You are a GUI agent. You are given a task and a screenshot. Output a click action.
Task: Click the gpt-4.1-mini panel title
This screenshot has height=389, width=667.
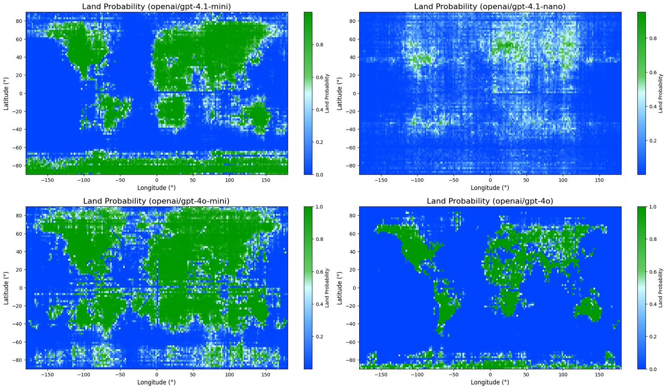tap(156, 6)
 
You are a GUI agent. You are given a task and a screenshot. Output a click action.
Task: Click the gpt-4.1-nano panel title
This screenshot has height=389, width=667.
tap(490, 6)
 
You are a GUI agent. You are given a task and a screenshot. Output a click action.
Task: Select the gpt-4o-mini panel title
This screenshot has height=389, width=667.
tap(156, 201)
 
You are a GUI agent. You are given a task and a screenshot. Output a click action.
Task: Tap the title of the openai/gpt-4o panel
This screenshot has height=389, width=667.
tap(490, 201)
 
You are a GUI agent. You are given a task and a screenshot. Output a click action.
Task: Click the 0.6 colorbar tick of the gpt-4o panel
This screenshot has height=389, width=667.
tap(652, 272)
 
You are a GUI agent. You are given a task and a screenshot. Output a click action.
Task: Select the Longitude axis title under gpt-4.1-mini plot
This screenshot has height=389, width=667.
tap(156, 188)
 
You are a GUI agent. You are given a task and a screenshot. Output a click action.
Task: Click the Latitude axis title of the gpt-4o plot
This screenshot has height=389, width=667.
tap(340, 288)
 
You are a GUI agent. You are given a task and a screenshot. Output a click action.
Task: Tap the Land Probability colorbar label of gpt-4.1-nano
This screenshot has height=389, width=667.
tap(660, 93)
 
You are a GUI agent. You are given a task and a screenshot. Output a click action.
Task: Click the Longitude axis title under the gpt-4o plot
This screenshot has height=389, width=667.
tap(490, 382)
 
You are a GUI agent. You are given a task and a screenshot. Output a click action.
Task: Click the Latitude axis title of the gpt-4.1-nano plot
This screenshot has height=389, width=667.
tap(340, 93)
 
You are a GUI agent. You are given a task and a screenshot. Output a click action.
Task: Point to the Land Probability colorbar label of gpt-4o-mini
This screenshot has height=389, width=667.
tap(327, 288)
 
